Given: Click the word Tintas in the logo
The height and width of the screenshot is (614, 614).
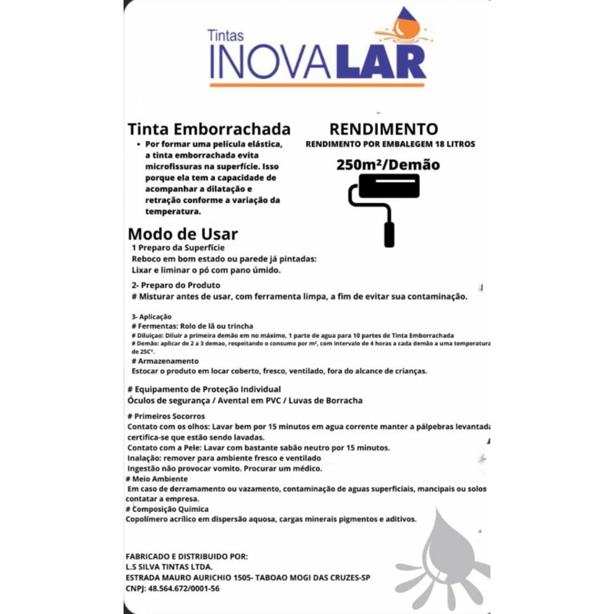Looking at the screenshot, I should [x=226, y=35].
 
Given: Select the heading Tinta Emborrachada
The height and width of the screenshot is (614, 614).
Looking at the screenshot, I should [x=209, y=129].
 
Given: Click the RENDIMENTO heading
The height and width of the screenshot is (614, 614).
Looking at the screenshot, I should [x=384, y=129].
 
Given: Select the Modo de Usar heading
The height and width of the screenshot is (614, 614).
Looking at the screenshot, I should [x=183, y=233].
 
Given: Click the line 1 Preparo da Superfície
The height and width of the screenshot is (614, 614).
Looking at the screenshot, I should [x=178, y=249].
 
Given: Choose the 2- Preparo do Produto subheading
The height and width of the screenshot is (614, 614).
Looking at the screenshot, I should [x=177, y=285].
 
